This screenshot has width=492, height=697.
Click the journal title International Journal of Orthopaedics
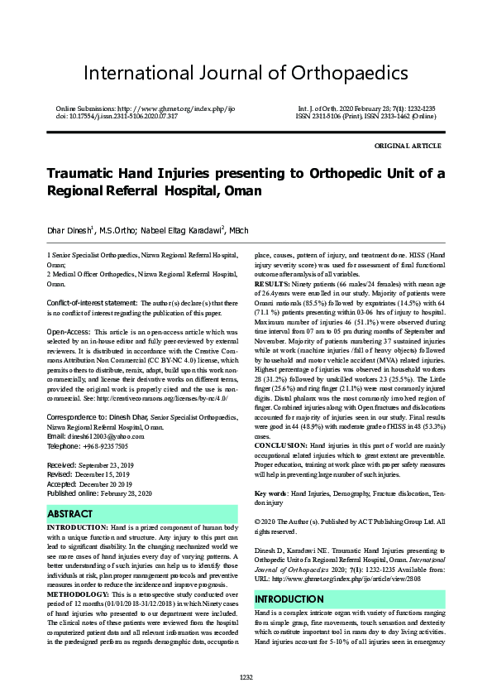(x=246, y=73)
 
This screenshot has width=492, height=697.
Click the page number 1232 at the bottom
(x=246, y=678)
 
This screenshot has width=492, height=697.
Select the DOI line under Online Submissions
(x=117, y=117)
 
